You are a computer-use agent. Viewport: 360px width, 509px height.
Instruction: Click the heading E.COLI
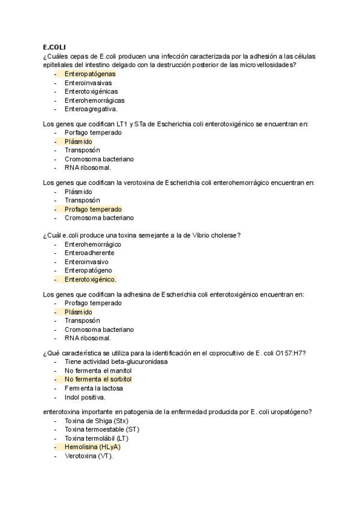click(55, 47)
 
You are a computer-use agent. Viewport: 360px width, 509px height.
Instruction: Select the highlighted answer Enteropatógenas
click(90, 74)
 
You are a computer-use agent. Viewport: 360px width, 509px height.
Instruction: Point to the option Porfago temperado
click(93, 132)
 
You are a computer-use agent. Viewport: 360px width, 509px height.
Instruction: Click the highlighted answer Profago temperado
click(93, 209)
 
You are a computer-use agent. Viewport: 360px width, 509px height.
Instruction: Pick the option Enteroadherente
click(89, 253)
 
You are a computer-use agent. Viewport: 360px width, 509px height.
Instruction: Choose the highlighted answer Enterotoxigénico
click(91, 280)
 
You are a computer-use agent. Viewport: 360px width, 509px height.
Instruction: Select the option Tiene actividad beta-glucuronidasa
click(116, 362)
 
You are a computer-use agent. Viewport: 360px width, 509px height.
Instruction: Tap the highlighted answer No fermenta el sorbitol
click(98, 380)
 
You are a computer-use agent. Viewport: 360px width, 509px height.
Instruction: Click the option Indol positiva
click(85, 397)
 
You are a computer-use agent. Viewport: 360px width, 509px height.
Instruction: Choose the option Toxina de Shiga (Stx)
click(92, 421)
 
